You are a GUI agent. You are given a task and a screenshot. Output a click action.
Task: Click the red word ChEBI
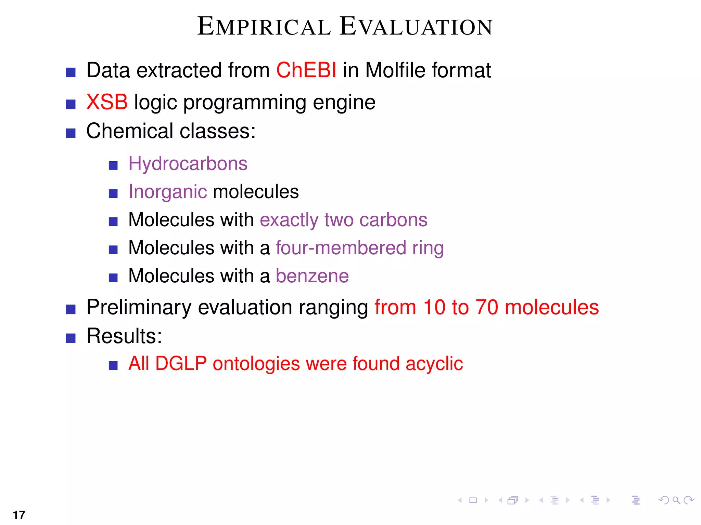pos(306,70)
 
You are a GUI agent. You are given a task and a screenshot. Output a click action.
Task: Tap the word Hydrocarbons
pos(188,164)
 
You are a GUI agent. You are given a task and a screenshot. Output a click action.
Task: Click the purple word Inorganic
pos(167,192)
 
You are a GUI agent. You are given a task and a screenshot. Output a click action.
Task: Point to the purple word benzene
pos(312,276)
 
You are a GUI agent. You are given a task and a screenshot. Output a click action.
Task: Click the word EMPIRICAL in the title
pos(264,27)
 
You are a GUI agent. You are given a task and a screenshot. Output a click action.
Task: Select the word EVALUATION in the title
pos(416,27)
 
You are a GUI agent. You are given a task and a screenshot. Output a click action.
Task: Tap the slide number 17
pos(19,515)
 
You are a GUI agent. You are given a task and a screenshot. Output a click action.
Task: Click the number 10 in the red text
pos(434,307)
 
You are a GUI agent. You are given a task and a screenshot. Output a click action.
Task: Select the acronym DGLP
pos(181,363)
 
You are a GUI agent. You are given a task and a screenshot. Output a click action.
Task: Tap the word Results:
pos(124,336)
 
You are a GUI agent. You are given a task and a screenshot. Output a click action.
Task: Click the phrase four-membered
pos(341,248)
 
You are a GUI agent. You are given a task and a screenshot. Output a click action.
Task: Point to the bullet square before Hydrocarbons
pos(113,166)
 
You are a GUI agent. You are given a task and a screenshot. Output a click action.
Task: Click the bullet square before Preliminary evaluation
pos(71,309)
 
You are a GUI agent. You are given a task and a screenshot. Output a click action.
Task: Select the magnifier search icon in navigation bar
pos(676,500)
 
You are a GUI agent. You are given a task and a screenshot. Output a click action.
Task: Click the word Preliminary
pos(139,308)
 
